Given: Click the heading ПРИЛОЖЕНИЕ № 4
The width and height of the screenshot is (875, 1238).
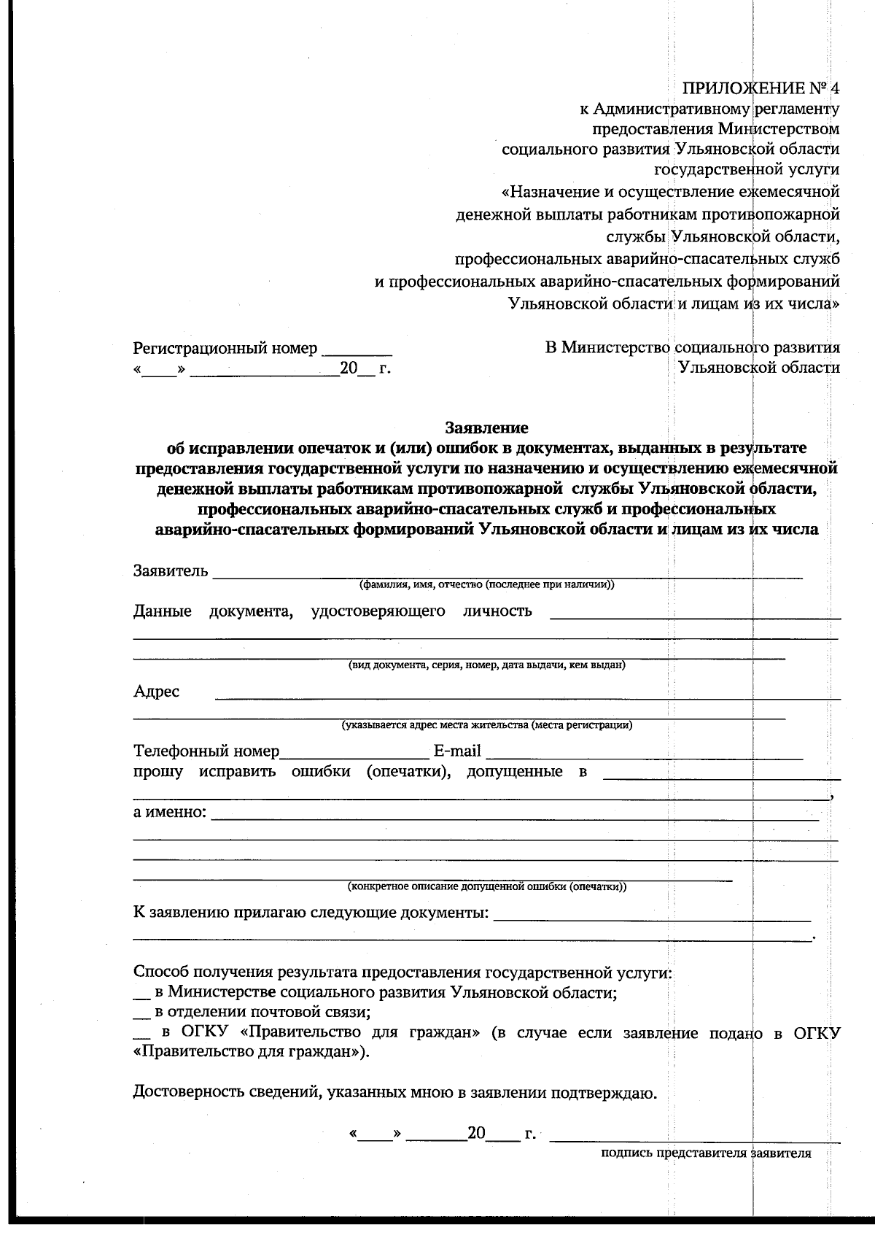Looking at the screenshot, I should click(x=761, y=89).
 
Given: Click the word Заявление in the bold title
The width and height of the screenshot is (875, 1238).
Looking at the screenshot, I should click(x=486, y=427).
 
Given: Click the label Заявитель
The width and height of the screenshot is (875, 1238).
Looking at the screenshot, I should click(x=171, y=570).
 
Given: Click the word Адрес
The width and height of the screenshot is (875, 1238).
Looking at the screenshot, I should click(x=156, y=691).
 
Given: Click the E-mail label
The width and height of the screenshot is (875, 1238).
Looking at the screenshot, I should click(x=457, y=751).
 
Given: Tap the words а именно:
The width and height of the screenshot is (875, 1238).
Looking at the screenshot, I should click(x=170, y=812).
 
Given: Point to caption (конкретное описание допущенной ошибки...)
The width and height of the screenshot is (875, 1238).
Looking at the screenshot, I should click(x=486, y=887).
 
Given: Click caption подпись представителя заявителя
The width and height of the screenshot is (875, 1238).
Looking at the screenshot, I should click(x=706, y=1153).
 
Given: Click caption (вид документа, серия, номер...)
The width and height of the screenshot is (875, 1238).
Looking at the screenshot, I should click(x=486, y=665).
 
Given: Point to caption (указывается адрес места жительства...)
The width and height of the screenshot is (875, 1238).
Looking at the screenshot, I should click(x=486, y=725).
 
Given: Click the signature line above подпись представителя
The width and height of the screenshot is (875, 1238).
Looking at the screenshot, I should click(x=694, y=1140).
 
